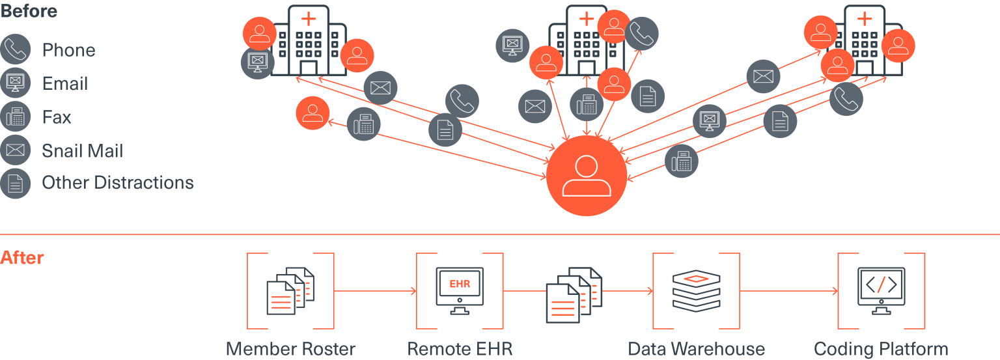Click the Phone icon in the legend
pyautogui.click(x=16, y=50)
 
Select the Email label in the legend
pyautogui.click(x=65, y=84)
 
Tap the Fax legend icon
pyautogui.click(x=16, y=117)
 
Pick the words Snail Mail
pyautogui.click(x=82, y=151)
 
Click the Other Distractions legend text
pyautogui.click(x=118, y=182)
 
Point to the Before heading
pyautogui.click(x=29, y=10)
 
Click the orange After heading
pyautogui.click(x=22, y=258)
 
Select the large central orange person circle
pyautogui.click(x=587, y=176)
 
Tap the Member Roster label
pyautogui.click(x=290, y=348)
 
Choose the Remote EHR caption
pyautogui.click(x=460, y=348)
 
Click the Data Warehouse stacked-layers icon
pyautogui.click(x=696, y=290)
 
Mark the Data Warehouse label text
pyautogui.click(x=696, y=348)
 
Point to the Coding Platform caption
pyautogui.click(x=881, y=348)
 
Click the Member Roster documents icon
pyautogui.click(x=290, y=291)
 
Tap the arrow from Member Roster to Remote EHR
pyautogui.click(x=375, y=291)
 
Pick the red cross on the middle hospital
pyautogui.click(x=587, y=18)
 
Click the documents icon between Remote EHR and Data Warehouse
pyautogui.click(x=574, y=294)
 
